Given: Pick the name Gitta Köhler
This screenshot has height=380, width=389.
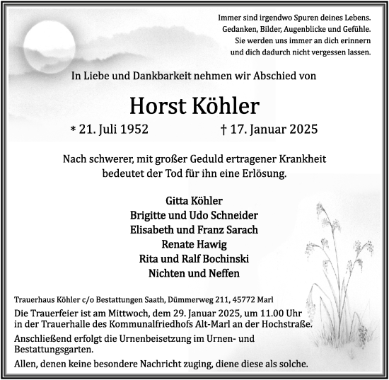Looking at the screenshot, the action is coord(194,200).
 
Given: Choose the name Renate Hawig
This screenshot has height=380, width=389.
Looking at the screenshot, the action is coord(194,244).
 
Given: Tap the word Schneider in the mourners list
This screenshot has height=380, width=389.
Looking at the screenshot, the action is coord(232,215).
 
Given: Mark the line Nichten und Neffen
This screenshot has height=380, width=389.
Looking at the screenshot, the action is coord(194,273).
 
